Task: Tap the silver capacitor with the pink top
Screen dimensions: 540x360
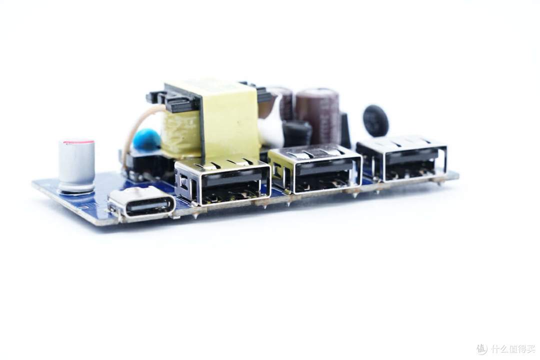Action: point(76,165)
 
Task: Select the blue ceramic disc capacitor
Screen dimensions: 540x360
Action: point(146,139)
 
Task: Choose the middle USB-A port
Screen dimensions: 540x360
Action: point(315,170)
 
